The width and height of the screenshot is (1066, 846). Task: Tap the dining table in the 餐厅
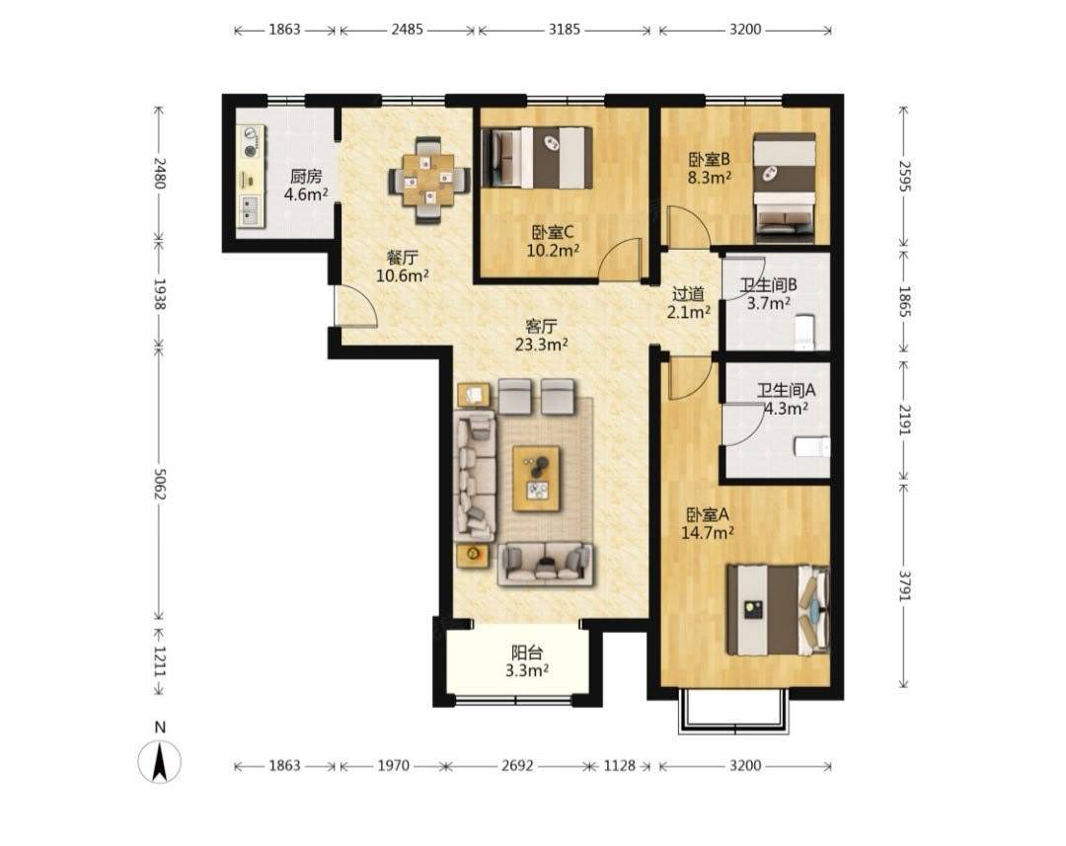pos(428,181)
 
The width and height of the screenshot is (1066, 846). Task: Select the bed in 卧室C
pos(537,158)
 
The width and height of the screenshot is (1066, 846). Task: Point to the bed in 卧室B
pos(785,188)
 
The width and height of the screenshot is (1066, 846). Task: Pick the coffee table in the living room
pos(536,479)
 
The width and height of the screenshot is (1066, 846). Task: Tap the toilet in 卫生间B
pos(805,332)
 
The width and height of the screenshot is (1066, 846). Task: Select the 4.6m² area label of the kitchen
pos(306,194)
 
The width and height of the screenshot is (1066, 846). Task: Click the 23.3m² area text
pos(541,345)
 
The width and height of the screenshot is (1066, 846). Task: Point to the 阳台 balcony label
pos(527,653)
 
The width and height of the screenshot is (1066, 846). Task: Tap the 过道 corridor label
pos(688,294)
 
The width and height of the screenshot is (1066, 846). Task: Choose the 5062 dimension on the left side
pos(160,484)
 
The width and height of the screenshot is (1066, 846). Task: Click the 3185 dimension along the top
pos(565,30)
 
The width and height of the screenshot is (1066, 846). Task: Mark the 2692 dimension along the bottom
pos(517,766)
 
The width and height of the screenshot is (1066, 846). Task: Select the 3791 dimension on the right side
pos(904,584)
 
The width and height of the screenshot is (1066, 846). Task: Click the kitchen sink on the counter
pos(251,210)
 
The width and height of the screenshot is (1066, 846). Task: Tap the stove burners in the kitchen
pos(252,142)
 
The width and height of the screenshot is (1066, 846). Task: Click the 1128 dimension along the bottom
pos(619,766)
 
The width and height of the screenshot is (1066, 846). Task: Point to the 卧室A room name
pos(707,515)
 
